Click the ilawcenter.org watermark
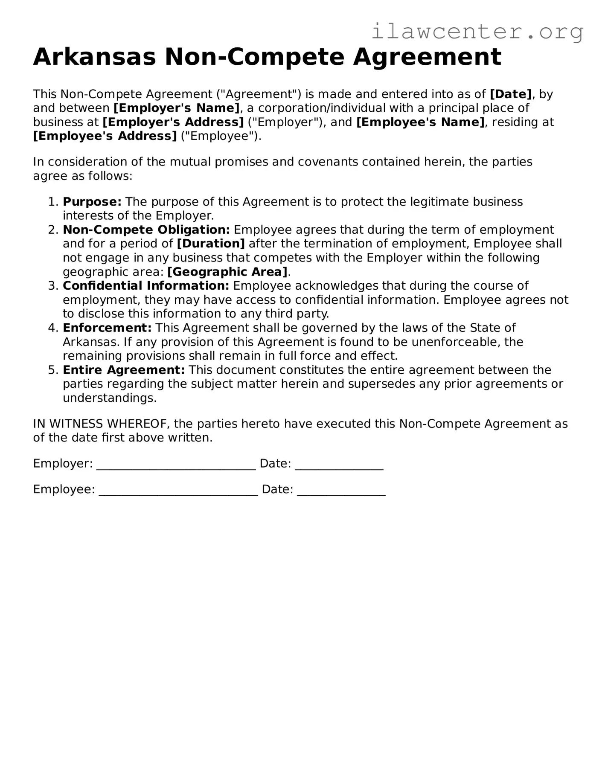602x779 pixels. coord(477,32)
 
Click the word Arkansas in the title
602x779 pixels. coord(95,57)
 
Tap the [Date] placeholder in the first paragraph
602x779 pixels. coord(511,94)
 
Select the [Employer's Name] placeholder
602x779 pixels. coord(177,108)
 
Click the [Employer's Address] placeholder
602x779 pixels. coord(173,122)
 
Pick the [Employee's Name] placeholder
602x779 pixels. coord(420,122)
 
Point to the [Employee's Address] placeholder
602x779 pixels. coord(105,136)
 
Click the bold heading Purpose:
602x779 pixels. coord(92,201)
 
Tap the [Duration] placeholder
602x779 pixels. coord(211,244)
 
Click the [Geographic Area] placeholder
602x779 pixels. coord(227,272)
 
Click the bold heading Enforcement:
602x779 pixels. coord(107,328)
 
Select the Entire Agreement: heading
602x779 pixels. coord(124,370)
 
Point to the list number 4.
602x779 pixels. coord(52,328)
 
